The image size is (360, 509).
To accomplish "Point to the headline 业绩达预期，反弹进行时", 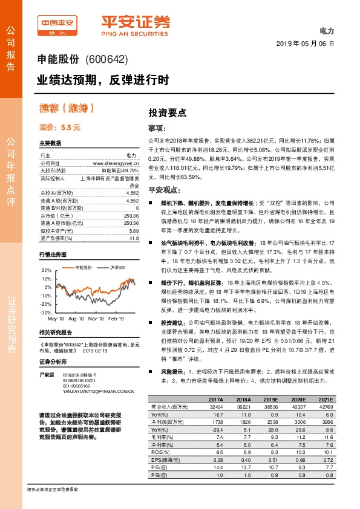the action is coord(102,79).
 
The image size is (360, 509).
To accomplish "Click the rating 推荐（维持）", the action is coord(67,109).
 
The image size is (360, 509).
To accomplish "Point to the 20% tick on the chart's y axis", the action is coord(47,270).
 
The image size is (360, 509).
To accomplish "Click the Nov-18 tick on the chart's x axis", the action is coord(96,317).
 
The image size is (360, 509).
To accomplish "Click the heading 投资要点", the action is coord(168,113).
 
